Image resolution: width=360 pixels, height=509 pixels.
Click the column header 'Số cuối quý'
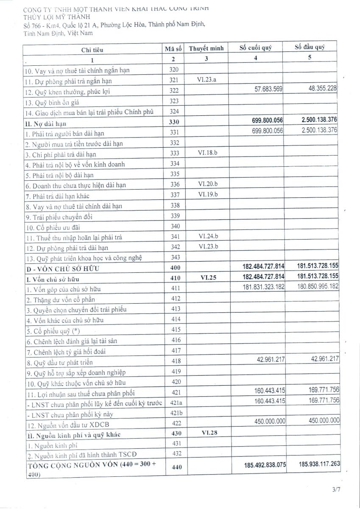click(x=255, y=48)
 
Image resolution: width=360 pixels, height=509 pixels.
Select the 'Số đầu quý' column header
click(x=310, y=47)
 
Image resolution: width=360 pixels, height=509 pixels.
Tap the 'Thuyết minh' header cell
click(x=206, y=48)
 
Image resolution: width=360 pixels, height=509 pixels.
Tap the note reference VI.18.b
click(x=207, y=153)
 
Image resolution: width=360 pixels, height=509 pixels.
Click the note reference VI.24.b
click(x=207, y=236)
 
